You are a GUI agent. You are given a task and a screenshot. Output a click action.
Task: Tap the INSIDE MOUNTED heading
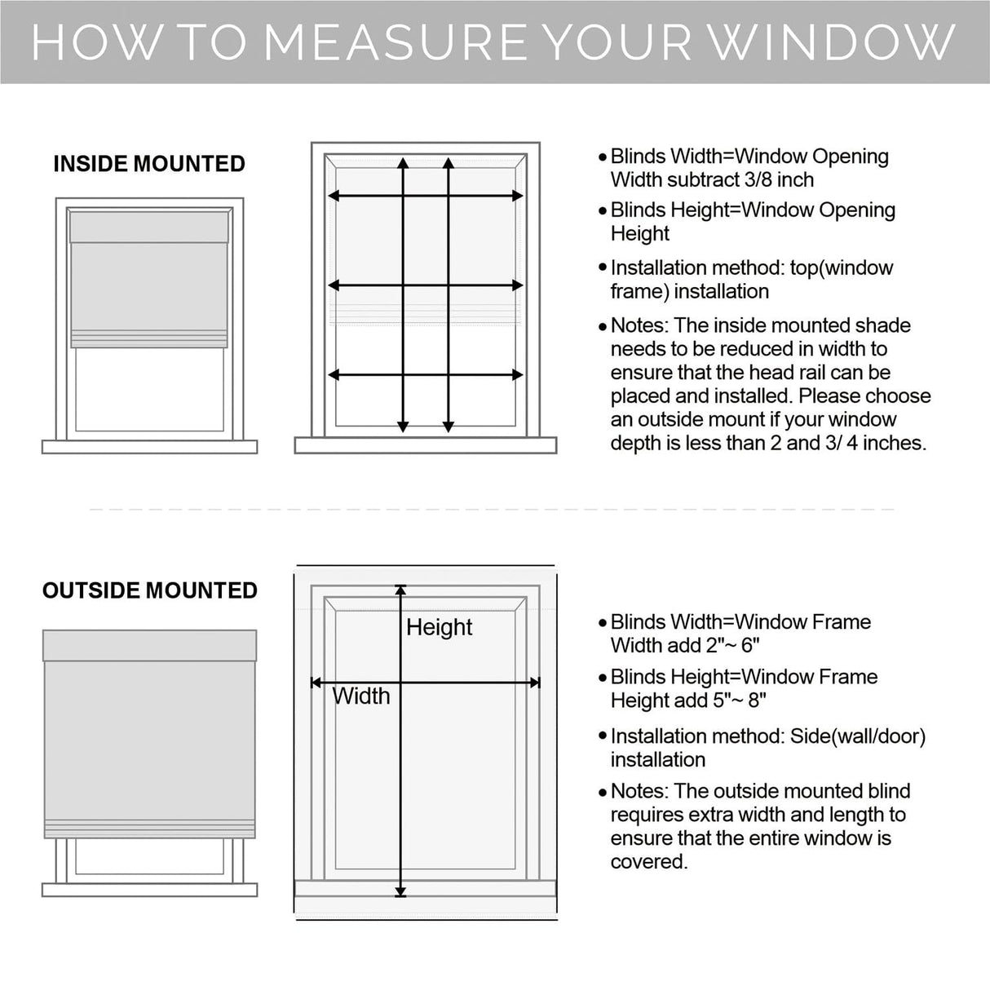pyautogui.click(x=149, y=164)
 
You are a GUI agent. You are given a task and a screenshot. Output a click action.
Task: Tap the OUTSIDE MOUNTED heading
pyautogui.click(x=150, y=590)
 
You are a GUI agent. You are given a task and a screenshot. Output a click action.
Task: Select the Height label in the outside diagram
pyautogui.click(x=439, y=627)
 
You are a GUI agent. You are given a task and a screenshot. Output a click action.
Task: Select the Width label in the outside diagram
pyautogui.click(x=361, y=696)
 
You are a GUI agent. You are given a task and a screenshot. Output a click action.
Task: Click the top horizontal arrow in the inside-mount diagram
pyautogui.click(x=425, y=196)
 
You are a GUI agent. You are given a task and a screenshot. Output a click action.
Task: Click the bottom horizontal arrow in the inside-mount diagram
pyautogui.click(x=425, y=375)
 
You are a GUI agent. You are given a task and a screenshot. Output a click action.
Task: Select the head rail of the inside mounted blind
pyautogui.click(x=149, y=227)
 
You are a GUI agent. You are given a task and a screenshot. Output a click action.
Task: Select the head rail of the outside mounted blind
pyautogui.click(x=149, y=645)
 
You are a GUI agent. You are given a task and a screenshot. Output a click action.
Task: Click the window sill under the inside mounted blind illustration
pyautogui.click(x=149, y=447)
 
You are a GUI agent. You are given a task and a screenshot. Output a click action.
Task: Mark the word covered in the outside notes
pyautogui.click(x=648, y=862)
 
